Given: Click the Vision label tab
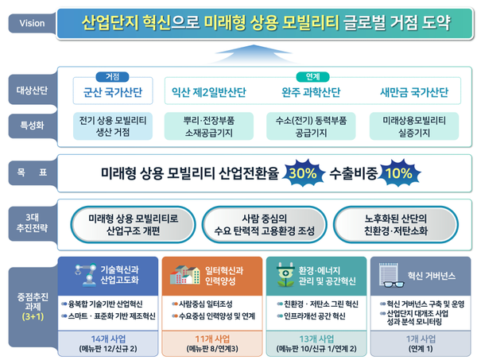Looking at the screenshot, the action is (33, 23).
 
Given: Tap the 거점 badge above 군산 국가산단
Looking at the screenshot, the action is (112, 77).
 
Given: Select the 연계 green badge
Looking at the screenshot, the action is (312, 77).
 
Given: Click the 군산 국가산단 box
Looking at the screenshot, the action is (113, 91).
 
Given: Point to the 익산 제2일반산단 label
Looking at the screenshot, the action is (209, 92).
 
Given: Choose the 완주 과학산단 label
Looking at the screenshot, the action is (311, 92).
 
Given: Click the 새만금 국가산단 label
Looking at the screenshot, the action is (414, 92).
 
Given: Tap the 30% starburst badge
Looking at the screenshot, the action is (303, 173).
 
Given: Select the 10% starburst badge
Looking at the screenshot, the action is (399, 173).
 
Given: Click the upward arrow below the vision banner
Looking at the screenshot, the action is (253, 54).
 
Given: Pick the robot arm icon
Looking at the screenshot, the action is (86, 275).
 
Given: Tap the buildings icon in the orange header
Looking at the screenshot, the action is (185, 275).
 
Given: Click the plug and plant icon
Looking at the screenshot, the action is (285, 275).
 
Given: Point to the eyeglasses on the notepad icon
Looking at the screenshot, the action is (394, 285).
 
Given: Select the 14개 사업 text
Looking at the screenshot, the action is (108, 339).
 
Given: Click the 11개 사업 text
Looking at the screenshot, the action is (212, 339).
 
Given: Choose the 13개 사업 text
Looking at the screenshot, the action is (316, 339).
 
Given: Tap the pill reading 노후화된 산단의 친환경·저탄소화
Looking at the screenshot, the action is (396, 225).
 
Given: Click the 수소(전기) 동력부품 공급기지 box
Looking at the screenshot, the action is (311, 126).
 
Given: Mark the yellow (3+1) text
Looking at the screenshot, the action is (33, 316).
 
